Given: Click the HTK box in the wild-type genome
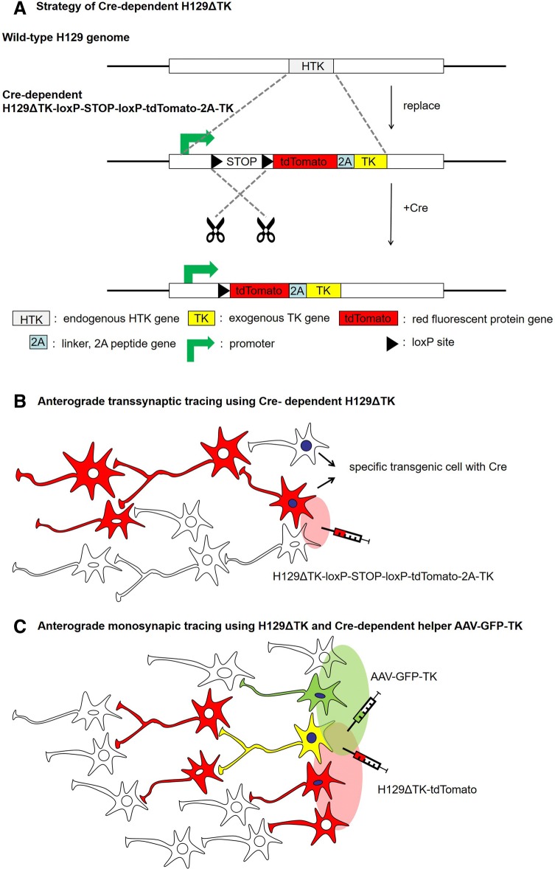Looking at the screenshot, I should (x=311, y=66).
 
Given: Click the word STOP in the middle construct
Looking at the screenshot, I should (x=242, y=161).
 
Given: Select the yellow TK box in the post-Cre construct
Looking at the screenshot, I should (x=323, y=271).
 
